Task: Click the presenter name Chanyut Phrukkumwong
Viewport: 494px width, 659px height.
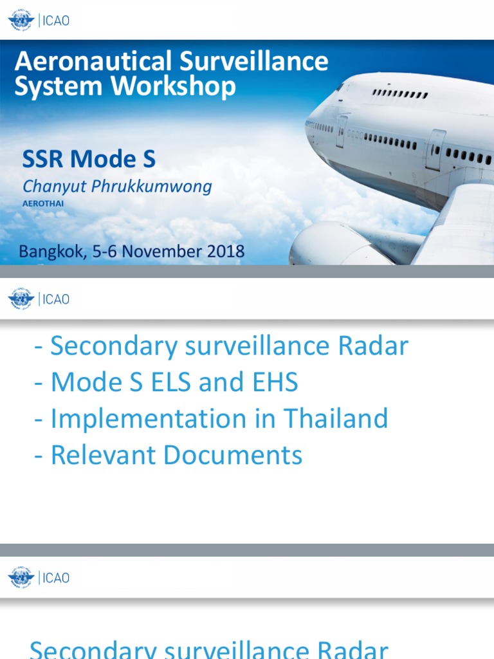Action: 117,187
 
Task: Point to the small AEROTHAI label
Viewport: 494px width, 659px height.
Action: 43,203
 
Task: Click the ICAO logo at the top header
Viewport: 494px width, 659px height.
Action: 39,20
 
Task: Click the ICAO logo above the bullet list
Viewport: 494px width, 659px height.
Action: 39,299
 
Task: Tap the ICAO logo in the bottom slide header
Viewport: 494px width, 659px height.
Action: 39,577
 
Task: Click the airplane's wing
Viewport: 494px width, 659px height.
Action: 457,225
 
